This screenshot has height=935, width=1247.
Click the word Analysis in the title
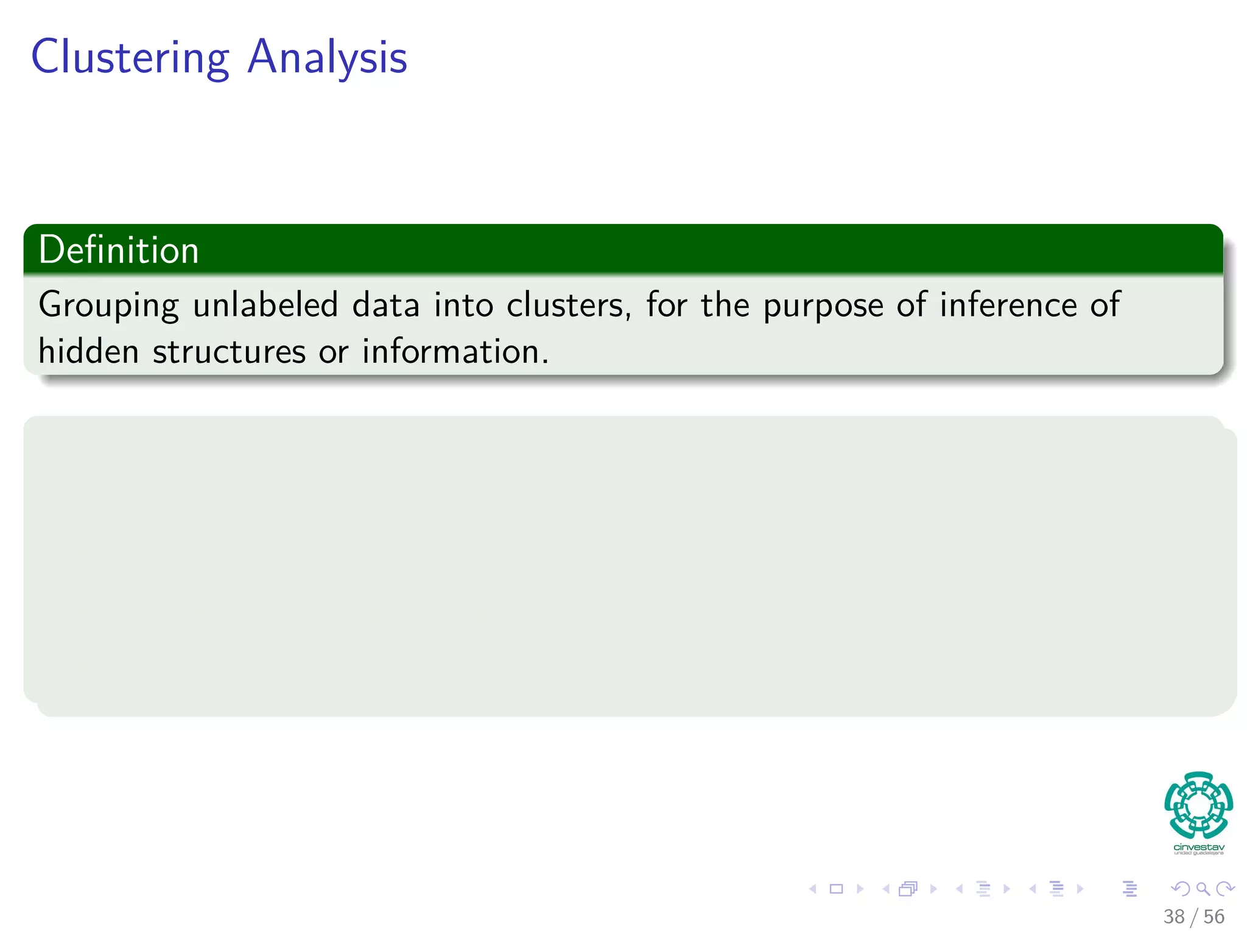point(327,58)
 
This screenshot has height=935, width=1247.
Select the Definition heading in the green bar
point(119,250)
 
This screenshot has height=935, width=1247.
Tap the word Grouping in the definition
point(108,305)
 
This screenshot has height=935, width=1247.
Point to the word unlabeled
point(265,305)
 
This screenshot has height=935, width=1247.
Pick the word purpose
point(823,306)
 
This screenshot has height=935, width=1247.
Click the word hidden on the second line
point(88,352)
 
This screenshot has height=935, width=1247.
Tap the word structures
point(229,352)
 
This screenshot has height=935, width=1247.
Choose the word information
point(455,352)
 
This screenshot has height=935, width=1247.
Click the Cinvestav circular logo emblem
point(1198,805)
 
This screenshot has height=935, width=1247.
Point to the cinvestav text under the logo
point(1198,847)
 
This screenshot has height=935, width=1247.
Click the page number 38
point(1174,917)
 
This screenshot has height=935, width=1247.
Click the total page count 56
point(1214,917)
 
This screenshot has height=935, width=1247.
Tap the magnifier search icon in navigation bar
point(1203,889)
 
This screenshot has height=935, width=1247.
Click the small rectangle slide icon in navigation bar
point(837,889)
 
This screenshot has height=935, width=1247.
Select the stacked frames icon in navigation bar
point(908,889)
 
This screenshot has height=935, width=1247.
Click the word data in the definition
point(386,305)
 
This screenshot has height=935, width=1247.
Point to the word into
point(463,305)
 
